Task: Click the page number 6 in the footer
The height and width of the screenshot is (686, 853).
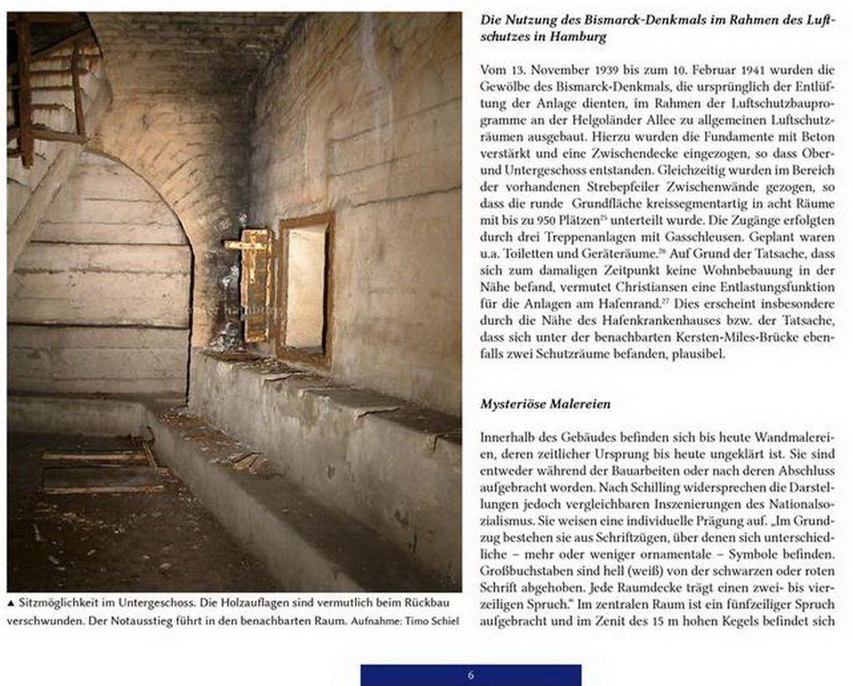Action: click(471, 675)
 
